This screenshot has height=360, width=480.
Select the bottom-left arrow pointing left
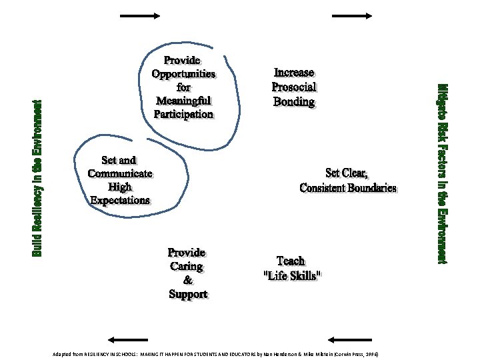[x=127, y=339]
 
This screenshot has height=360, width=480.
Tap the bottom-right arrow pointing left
[x=351, y=339]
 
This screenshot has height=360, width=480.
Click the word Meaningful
[x=183, y=101]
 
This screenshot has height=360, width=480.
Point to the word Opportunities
[x=183, y=73]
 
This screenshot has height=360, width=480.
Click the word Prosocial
[x=294, y=87]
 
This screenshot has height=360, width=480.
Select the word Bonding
[x=294, y=101]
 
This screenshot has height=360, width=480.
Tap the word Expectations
[x=120, y=199]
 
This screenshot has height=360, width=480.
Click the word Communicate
[x=120, y=173]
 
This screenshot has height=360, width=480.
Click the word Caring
[x=187, y=267]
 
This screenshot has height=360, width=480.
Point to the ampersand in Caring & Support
[x=187, y=280]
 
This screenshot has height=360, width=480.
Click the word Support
[x=187, y=294]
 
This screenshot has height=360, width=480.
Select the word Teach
[x=291, y=261]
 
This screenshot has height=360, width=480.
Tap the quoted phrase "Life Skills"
[x=293, y=275]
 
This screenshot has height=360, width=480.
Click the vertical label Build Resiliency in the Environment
[x=37, y=178]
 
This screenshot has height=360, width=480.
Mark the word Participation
[x=183, y=114]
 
